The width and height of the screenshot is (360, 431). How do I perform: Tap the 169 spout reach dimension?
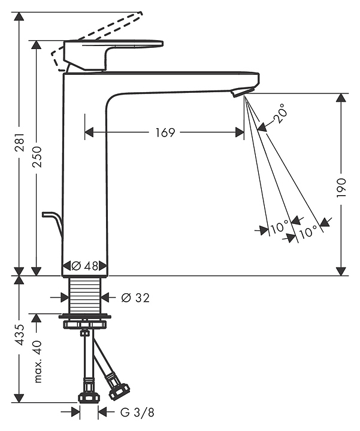pos(164,132)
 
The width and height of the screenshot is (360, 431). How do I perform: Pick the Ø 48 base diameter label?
pos(85,266)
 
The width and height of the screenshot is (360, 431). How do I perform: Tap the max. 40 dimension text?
pos(37,362)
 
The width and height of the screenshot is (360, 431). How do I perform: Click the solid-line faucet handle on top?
pos(114,54)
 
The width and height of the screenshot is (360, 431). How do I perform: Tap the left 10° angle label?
pos(279,227)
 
